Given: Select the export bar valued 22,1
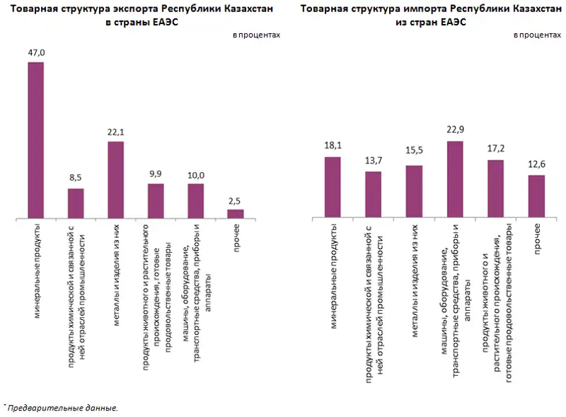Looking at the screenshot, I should tap(115, 180).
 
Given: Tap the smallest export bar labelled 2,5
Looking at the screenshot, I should tap(236, 213).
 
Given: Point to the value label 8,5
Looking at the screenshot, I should tap(76, 178).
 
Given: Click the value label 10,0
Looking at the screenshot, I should tap(195, 174).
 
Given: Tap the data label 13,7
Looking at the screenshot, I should tap(374, 161).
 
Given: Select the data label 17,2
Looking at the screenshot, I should tap(495, 150).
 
